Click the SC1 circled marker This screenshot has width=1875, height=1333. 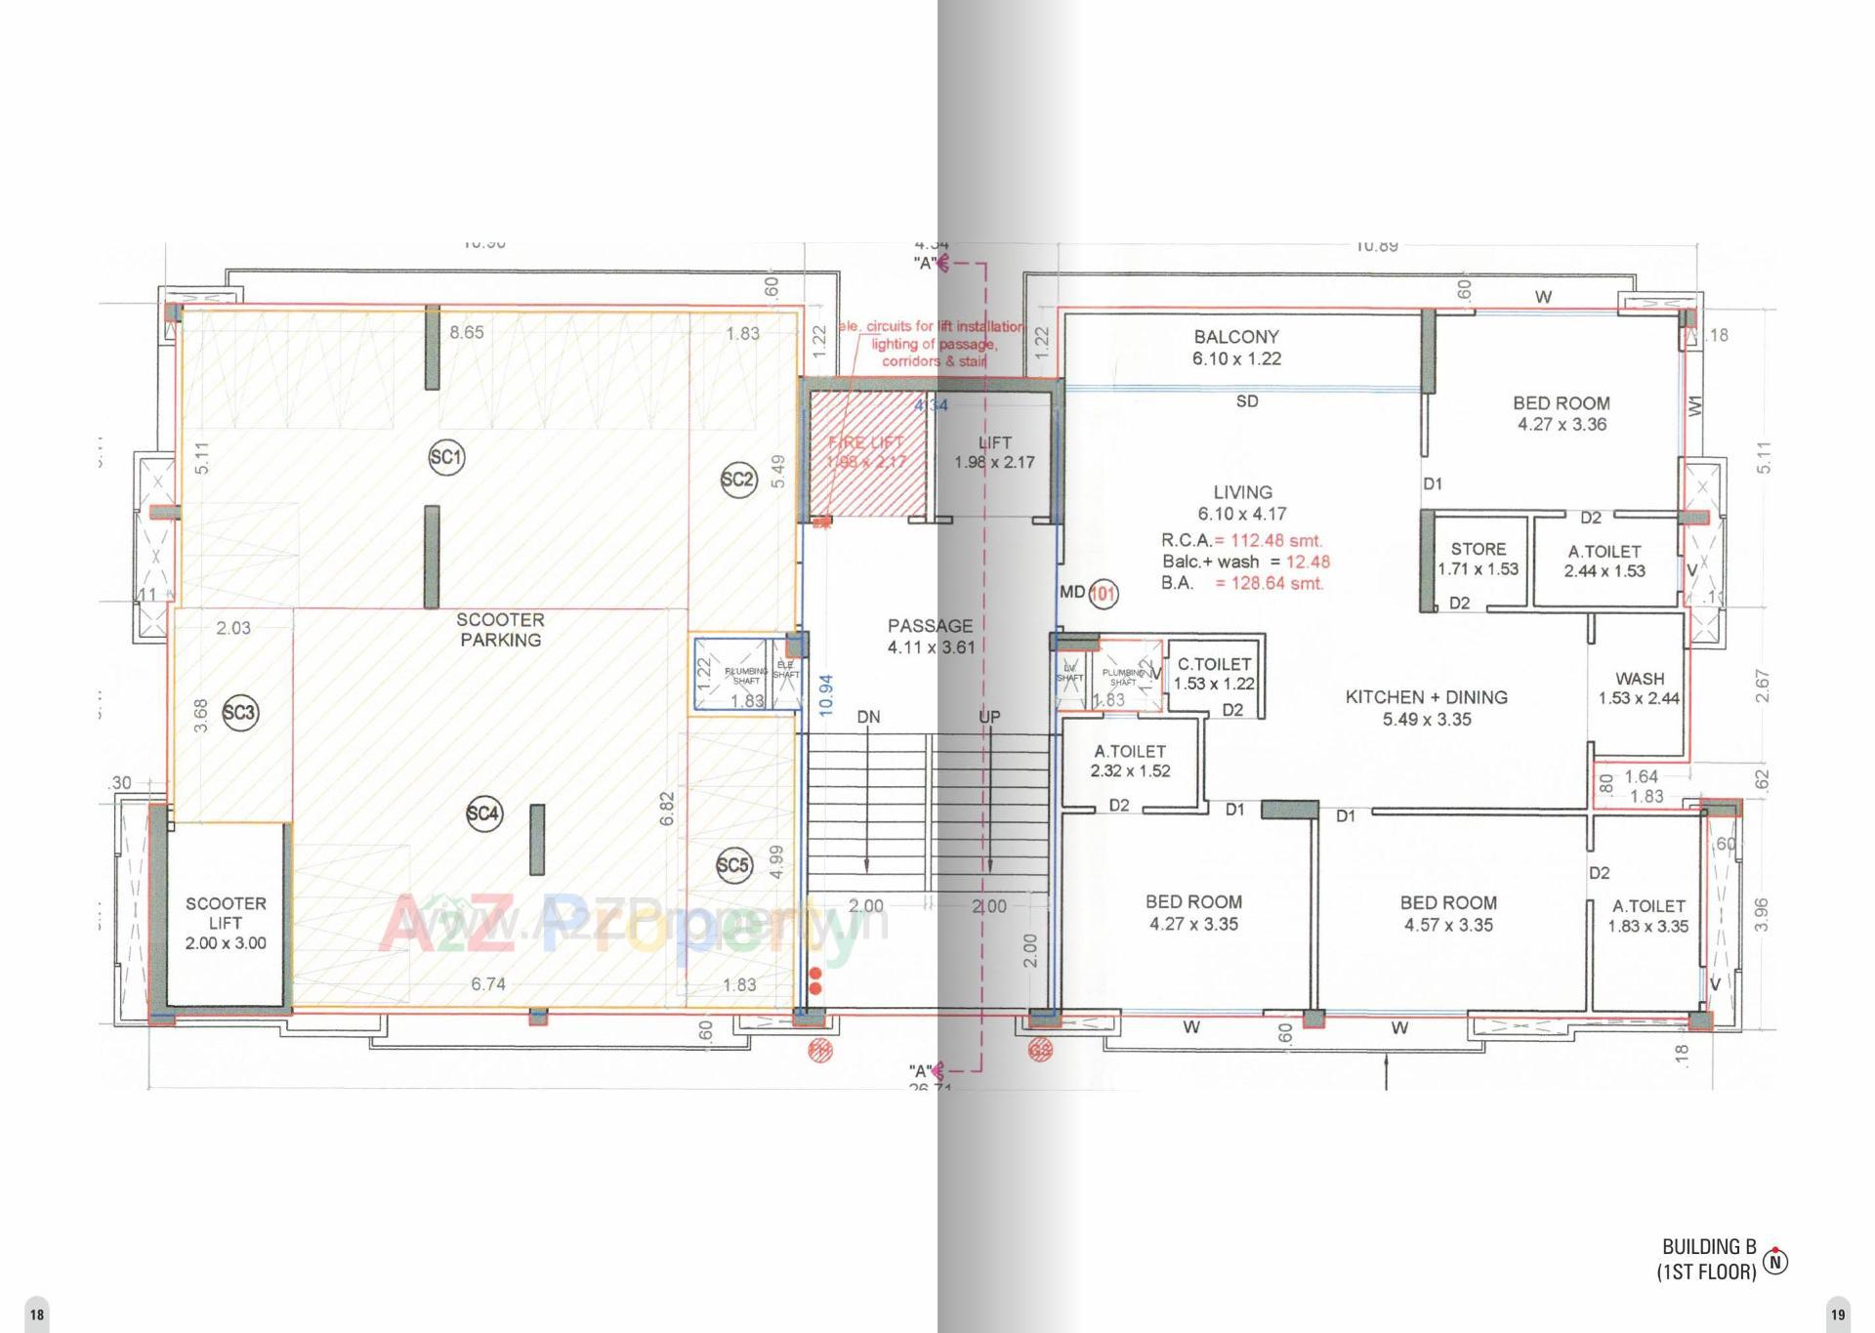pos(446,457)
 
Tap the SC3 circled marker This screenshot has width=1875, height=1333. pos(239,713)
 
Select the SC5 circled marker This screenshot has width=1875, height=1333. pos(733,865)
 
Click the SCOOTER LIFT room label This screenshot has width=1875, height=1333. pos(226,923)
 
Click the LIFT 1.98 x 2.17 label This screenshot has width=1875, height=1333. pos(994,452)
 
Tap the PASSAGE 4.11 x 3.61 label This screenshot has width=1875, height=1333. pos(931,636)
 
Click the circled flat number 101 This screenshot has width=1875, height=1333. pos(1104,593)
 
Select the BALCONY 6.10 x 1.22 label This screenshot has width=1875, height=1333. pos(1236,348)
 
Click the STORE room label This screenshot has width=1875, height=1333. pos(1478,559)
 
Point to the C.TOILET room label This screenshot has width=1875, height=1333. pos(1214,674)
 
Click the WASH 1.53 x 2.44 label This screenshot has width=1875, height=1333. pos(1640,687)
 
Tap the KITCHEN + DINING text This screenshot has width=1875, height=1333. pos(1426,697)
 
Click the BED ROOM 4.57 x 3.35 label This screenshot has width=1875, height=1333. pos(1448,913)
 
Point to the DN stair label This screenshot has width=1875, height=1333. pos(868,717)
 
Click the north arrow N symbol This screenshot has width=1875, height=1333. pos(1776,1262)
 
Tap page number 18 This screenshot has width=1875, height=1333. pos(36,1314)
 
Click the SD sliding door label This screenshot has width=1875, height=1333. pos(1247,401)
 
